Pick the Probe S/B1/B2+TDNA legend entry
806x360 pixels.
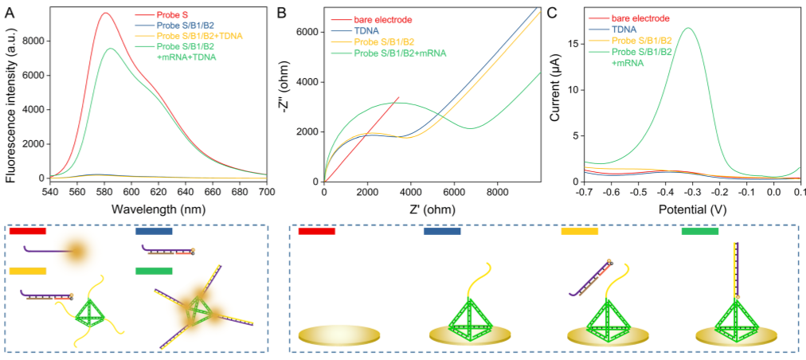click(198, 36)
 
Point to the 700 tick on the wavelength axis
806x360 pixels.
click(266, 193)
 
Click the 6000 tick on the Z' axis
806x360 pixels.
click(454, 193)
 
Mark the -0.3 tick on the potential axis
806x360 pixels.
click(691, 193)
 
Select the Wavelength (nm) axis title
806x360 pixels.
click(158, 209)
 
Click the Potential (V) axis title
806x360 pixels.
click(692, 209)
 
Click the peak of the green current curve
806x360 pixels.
click(689, 28)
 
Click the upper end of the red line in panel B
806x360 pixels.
click(399, 97)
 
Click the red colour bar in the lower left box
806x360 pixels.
click(28, 231)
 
